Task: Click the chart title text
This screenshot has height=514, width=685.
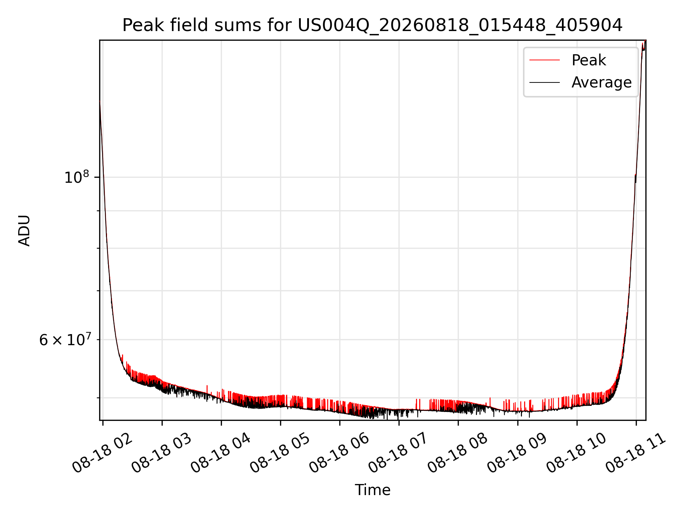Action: (x=372, y=26)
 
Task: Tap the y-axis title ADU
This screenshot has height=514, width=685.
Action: (x=24, y=230)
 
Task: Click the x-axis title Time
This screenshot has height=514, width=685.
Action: (x=372, y=490)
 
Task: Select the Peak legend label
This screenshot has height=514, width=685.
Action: (x=589, y=60)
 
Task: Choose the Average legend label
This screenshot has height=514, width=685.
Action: (x=602, y=82)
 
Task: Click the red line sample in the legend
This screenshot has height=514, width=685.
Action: (x=544, y=60)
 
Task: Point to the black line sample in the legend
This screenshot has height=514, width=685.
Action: (x=544, y=82)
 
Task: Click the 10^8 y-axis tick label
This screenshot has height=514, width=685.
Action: (x=76, y=177)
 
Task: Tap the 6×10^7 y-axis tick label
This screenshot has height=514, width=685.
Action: (x=65, y=339)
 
